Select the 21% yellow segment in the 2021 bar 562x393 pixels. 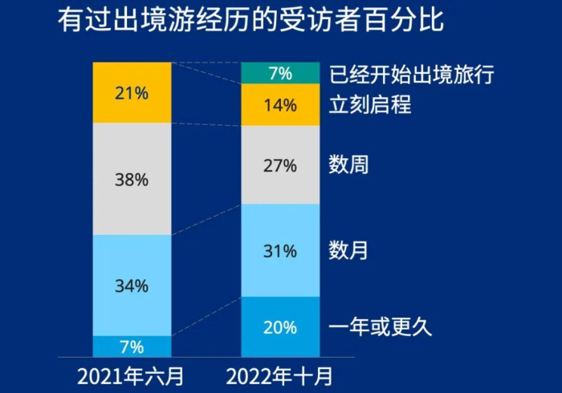click(x=132, y=92)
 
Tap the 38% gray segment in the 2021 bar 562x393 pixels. click(x=132, y=179)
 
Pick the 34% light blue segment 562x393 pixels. click(x=132, y=285)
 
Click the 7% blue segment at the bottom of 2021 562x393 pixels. click(x=132, y=346)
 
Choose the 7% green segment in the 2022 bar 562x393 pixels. click(x=280, y=74)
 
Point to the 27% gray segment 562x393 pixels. click(x=280, y=165)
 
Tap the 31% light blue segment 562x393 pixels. click(x=280, y=250)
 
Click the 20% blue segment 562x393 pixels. click(x=280, y=326)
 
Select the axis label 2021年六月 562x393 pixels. click(x=132, y=375)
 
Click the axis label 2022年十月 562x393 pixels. click(x=279, y=375)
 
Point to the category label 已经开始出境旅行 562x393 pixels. click(x=411, y=75)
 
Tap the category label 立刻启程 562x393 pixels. click(x=370, y=104)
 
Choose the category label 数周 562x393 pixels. click(x=348, y=165)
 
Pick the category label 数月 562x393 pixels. click(x=348, y=250)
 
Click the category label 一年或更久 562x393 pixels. click(x=381, y=326)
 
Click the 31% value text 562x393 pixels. click(x=280, y=251)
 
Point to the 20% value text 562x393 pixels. click(x=280, y=327)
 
